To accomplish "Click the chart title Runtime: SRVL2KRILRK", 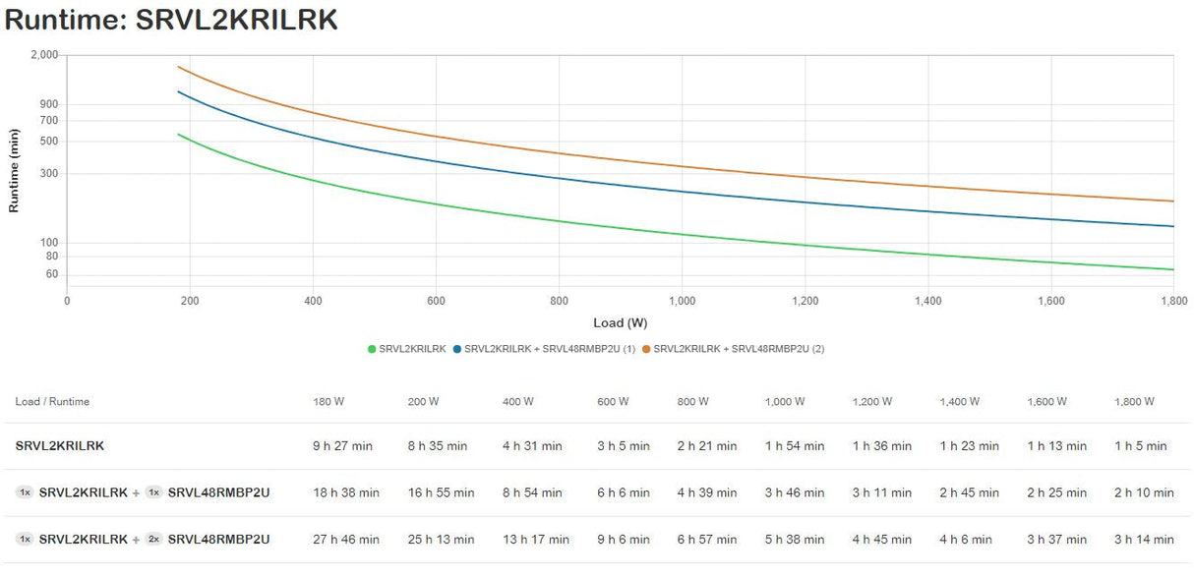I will click(171, 21).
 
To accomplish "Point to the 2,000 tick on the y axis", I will click(45, 55).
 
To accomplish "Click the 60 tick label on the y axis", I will click(52, 274).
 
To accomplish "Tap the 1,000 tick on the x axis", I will click(682, 301).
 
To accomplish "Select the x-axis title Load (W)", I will click(620, 322).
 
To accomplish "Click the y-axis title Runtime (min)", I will click(14, 170).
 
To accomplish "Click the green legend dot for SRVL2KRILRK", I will click(372, 349).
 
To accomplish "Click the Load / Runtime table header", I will click(52, 401).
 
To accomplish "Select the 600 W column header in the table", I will click(615, 401).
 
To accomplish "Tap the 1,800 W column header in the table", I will click(1134, 401).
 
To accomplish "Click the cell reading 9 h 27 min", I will click(342, 446).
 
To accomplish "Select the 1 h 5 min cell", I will click(1140, 446).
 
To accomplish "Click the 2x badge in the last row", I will click(153, 540).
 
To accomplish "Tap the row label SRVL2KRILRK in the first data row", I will click(60, 446).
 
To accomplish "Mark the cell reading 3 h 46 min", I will click(795, 492).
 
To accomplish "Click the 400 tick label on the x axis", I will click(313, 301).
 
